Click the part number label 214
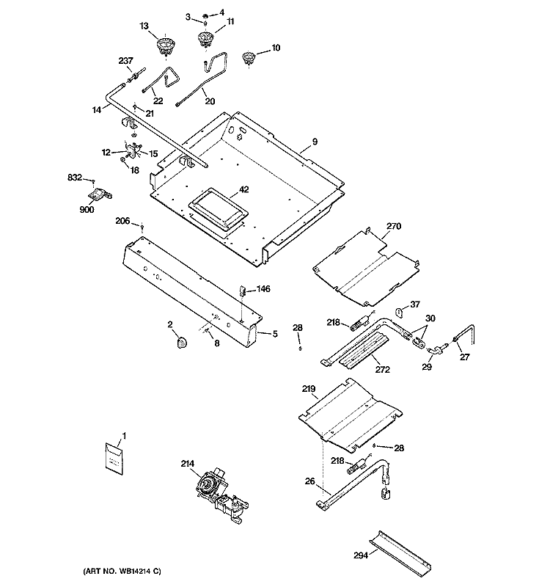point(188,464)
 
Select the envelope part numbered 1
point(114,459)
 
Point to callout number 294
point(361,555)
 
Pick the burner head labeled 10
point(248,58)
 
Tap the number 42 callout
point(244,190)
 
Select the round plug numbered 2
point(182,341)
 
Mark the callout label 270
point(394,226)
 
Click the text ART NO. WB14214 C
point(122,572)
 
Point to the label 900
point(87,210)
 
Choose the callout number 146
point(263,288)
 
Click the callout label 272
point(382,370)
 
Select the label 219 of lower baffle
point(309,389)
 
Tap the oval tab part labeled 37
point(400,311)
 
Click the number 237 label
point(125,61)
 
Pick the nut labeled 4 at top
point(205,16)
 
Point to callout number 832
point(75,177)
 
